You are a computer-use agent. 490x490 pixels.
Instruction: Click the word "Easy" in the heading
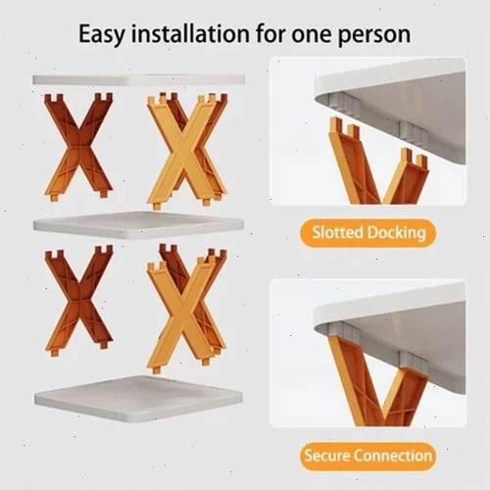coord(102,34)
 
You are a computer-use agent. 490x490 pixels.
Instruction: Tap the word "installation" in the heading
coord(190,33)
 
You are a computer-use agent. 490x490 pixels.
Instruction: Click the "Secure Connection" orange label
coord(368,456)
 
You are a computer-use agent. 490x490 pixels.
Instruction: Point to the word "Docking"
coord(396,233)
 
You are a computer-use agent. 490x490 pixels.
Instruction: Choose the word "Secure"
coord(327,456)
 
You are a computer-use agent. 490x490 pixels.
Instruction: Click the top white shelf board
coord(138,80)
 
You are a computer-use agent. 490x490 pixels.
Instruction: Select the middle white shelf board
coord(138,224)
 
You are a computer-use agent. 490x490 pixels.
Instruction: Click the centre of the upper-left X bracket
coord(78,146)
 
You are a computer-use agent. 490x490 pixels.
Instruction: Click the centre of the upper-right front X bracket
coord(183,151)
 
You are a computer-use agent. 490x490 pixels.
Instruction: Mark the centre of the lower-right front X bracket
coord(183,318)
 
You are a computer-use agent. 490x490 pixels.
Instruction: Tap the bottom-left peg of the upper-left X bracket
coord(55,198)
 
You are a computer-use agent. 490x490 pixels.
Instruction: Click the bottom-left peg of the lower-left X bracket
coord(55,351)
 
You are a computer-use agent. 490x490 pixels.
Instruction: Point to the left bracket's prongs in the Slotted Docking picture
coord(344,126)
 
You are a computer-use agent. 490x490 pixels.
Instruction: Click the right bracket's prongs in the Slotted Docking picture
coord(414,158)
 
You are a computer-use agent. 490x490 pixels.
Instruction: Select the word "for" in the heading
coord(270,33)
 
